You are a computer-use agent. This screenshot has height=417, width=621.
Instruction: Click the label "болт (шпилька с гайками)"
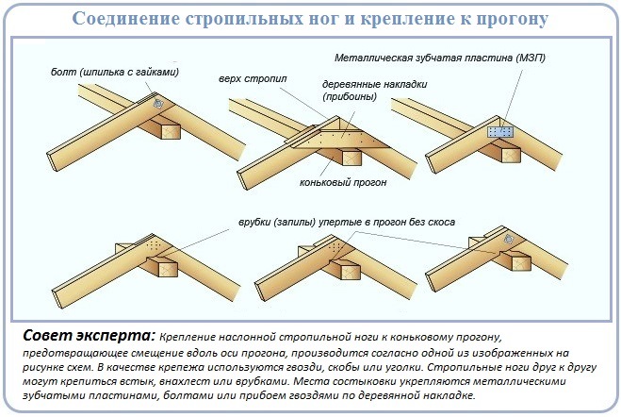[115, 72]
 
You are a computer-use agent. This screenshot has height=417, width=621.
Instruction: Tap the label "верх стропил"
[253, 78]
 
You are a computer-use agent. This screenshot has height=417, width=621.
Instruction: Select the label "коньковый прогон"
[343, 182]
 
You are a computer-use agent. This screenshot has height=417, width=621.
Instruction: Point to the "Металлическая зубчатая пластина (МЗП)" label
[440, 58]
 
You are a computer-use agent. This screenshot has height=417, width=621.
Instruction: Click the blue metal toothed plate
[500, 131]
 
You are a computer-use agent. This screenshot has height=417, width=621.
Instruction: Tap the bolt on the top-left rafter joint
[157, 104]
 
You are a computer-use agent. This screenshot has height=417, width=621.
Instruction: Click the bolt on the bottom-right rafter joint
[508, 239]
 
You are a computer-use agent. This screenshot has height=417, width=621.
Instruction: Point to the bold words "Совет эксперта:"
[89, 335]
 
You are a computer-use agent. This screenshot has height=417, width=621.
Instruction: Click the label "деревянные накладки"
[375, 84]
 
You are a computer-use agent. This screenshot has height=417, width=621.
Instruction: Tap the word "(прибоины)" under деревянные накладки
[350, 96]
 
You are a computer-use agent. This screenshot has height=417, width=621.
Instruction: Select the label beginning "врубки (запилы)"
[347, 222]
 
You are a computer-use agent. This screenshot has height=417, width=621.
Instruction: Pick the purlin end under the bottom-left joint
[169, 268]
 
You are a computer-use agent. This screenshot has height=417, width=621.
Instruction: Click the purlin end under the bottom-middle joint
[351, 272]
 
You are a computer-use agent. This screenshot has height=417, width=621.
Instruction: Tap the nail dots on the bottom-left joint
[154, 245]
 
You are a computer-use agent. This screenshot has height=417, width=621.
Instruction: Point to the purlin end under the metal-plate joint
[511, 155]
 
